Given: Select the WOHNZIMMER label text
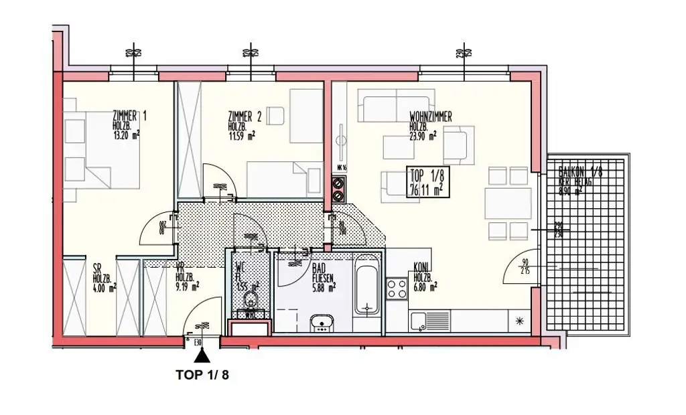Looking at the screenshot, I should coord(430,117).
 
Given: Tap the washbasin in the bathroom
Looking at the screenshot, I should coord(323,323).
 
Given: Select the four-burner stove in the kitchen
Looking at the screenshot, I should coord(397,289).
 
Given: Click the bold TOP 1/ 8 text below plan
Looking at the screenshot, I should coord(202,376).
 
